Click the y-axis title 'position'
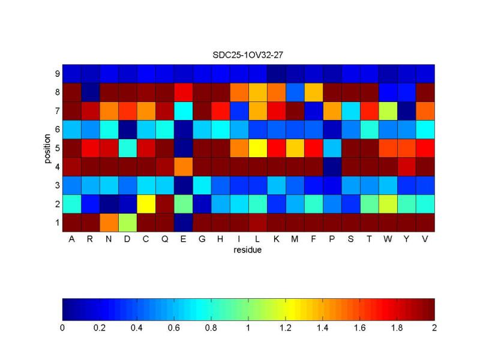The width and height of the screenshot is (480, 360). pyautogui.click(x=46, y=148)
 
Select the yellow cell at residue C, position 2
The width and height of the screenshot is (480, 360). pyautogui.click(x=146, y=203)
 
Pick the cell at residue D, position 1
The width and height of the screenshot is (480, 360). pyautogui.click(x=127, y=222)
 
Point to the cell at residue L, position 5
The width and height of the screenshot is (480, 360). pyautogui.click(x=258, y=148)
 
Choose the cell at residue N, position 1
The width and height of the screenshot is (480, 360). pyautogui.click(x=109, y=222)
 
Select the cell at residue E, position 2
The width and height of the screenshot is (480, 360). pyautogui.click(x=184, y=203)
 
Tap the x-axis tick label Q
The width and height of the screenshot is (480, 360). pyautogui.click(x=165, y=239)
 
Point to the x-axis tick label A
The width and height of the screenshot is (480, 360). pyautogui.click(x=72, y=239)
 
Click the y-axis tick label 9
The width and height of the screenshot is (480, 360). pyautogui.click(x=57, y=74)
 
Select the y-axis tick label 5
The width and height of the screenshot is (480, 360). pyautogui.click(x=57, y=148)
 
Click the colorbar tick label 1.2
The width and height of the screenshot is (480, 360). pyautogui.click(x=286, y=328)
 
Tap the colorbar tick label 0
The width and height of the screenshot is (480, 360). pyautogui.click(x=62, y=328)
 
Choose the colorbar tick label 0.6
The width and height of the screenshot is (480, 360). pyautogui.click(x=174, y=328)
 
